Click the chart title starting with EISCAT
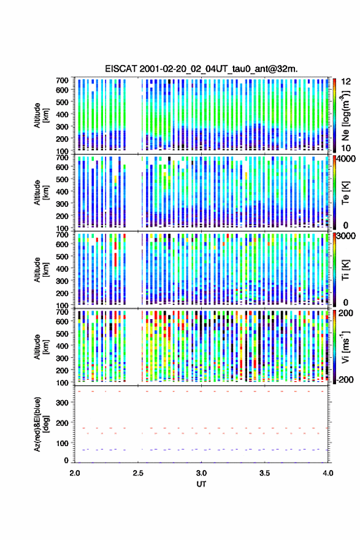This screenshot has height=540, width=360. coord(201,69)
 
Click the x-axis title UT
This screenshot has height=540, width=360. coord(201,484)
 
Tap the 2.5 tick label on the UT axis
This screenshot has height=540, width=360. coord(138,473)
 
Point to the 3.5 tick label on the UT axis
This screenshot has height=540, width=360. coord(265,473)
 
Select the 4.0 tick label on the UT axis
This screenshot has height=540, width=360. coord(328,473)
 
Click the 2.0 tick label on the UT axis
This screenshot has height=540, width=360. coord(75,473)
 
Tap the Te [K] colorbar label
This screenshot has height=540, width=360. coord(345,193)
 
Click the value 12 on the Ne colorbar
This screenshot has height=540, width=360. coord(347,81)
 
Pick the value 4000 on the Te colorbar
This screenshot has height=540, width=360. coord(345,160)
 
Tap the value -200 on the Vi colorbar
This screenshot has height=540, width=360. coord(345,379)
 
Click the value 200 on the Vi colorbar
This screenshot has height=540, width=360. coord(346,313)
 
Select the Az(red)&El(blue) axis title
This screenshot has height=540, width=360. coord(41,424)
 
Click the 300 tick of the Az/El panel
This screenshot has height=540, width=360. coord(63,403)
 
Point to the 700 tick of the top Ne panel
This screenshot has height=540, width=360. coord(63,80)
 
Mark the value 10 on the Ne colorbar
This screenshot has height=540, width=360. coord(346,148)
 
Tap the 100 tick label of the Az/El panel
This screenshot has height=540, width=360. coord(63,443)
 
